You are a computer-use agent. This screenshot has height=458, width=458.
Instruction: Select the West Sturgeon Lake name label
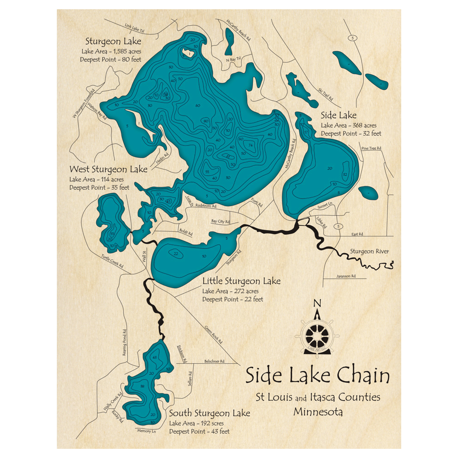point(108,169)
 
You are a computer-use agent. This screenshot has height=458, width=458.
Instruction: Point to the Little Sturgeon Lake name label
point(241,281)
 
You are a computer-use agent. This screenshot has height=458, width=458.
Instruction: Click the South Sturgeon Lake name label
point(209,413)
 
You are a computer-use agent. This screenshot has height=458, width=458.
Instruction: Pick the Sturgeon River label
point(369,251)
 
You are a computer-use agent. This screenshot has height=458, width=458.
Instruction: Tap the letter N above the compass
point(316,303)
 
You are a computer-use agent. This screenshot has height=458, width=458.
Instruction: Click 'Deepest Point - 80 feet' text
point(110,60)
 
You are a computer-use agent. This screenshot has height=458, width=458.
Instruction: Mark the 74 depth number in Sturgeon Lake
point(251,145)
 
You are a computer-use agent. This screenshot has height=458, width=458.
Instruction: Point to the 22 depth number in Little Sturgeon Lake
point(175,253)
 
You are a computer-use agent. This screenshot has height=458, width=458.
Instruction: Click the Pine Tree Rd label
point(371,149)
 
